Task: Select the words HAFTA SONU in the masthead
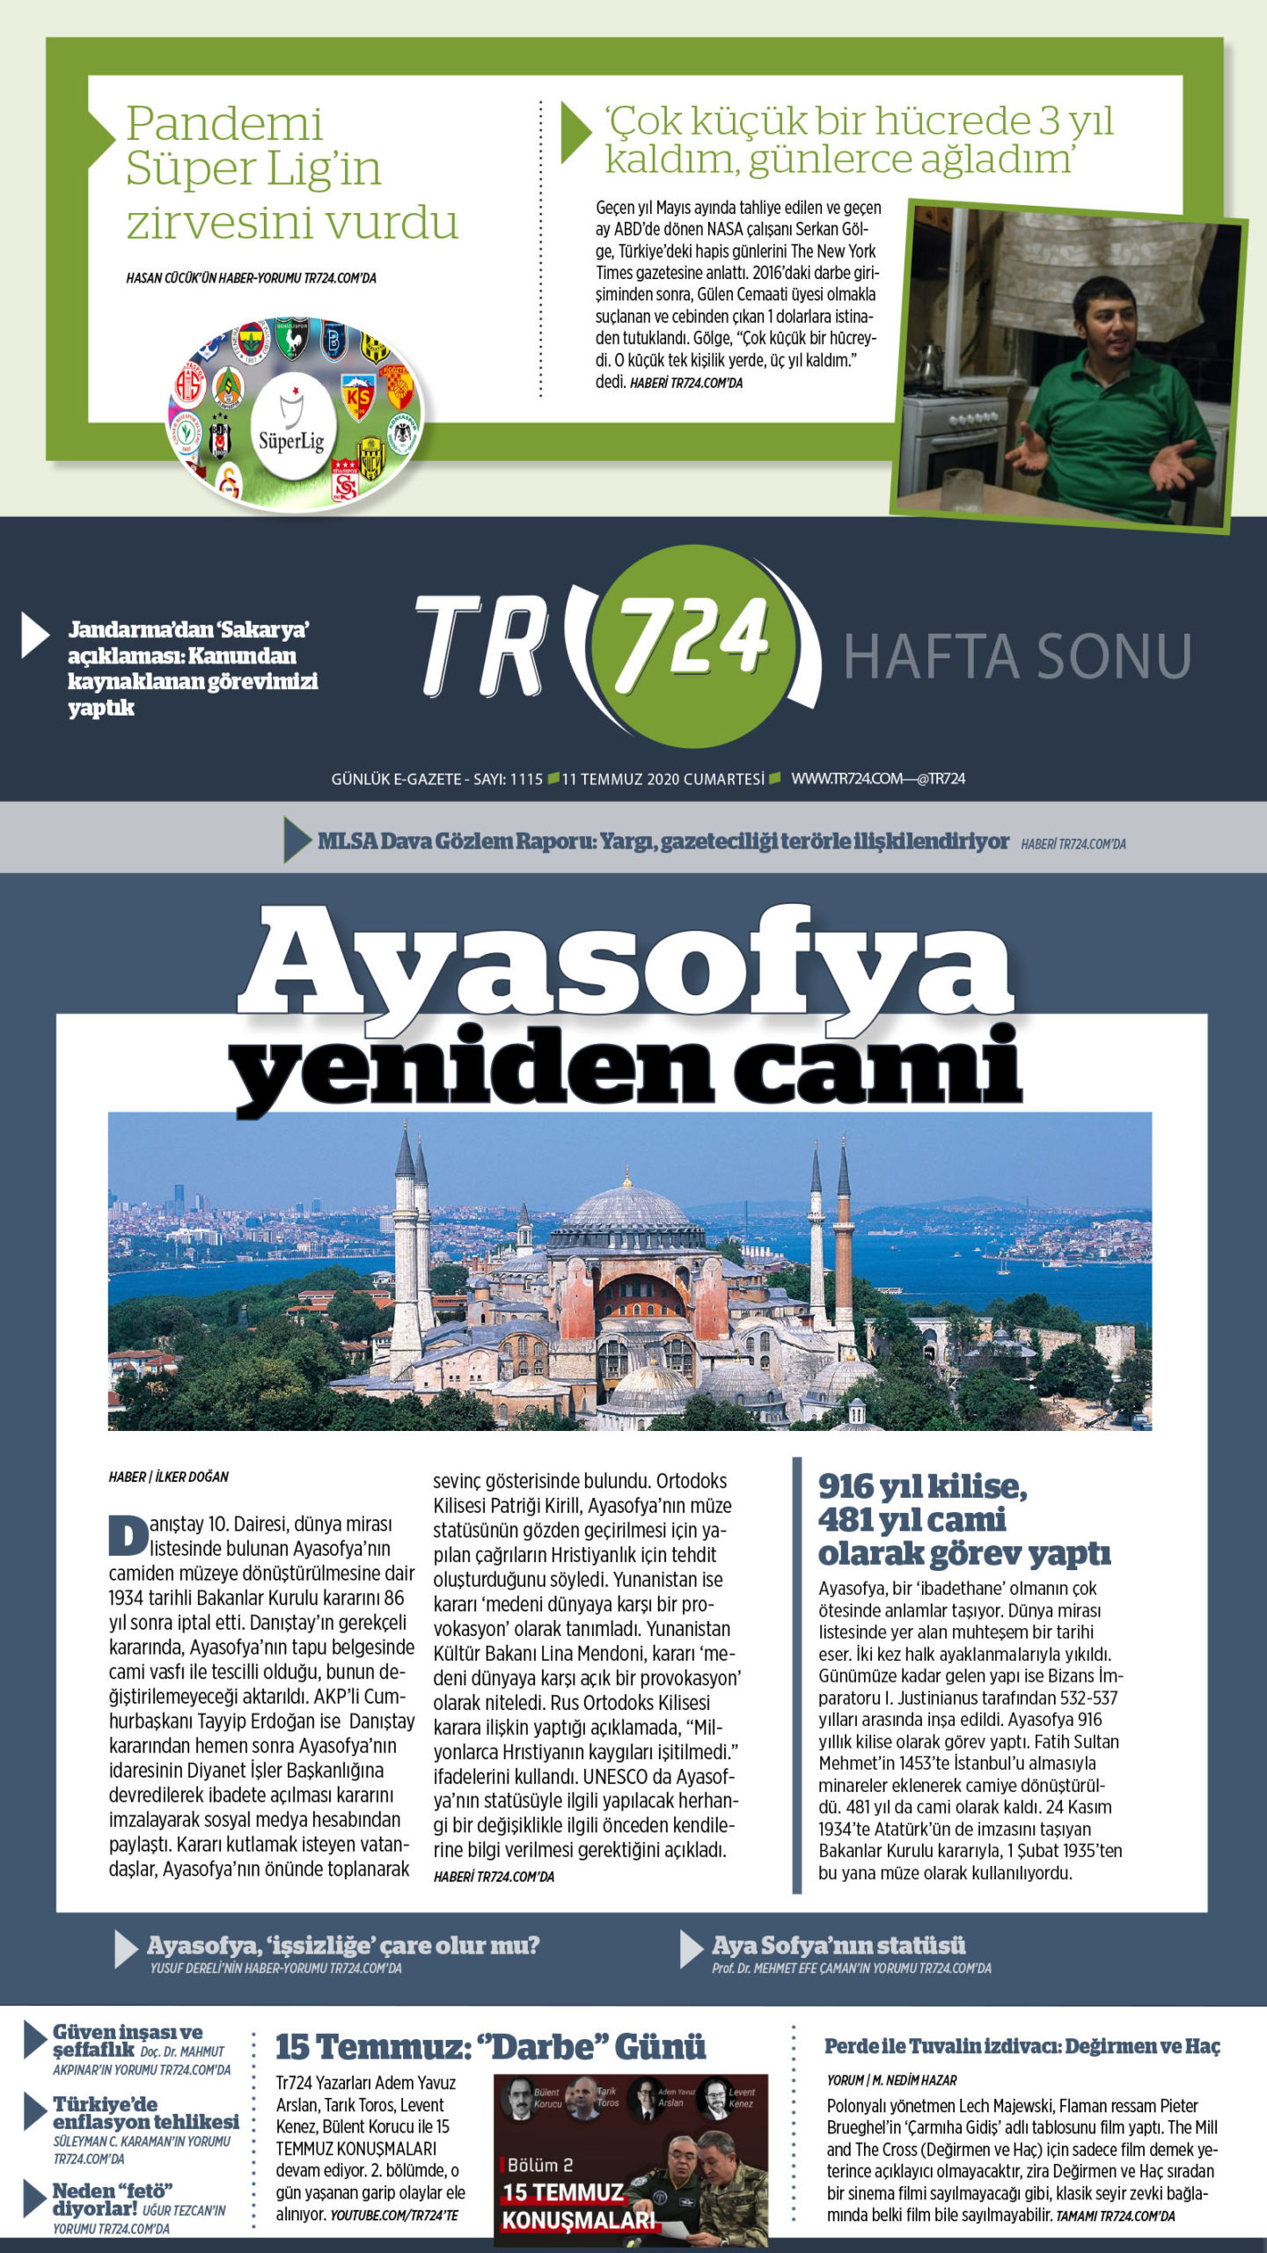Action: [x=1017, y=657]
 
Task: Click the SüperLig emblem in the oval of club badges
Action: [x=293, y=427]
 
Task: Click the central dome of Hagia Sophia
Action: [x=626, y=1210]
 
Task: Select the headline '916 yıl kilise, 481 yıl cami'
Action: [x=963, y=1519]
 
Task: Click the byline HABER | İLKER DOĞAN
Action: [x=169, y=1477]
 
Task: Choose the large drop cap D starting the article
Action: [x=128, y=1535]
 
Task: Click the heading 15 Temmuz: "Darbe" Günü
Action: [x=490, y=2047]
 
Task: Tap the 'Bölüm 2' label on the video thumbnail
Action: [x=540, y=2164]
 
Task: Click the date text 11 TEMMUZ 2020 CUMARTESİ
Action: [x=663, y=779]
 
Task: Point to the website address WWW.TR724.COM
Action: [x=846, y=779]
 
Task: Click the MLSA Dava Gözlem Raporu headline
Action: [x=663, y=841]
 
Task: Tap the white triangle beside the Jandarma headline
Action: [x=34, y=635]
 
